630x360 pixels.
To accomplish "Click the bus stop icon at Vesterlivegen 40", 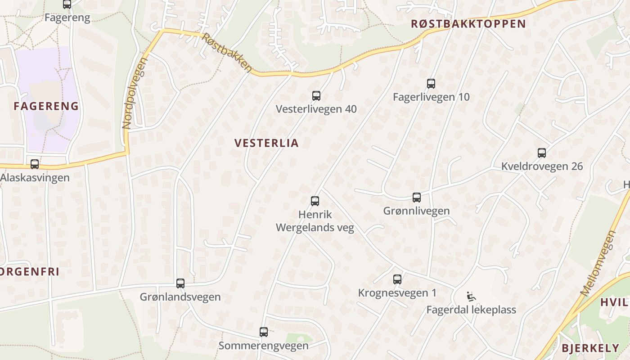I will (316, 95).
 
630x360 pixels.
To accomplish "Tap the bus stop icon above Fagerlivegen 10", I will (431, 83).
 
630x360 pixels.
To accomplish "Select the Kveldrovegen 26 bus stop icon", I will (542, 153).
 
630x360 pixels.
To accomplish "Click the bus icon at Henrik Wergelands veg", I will (315, 201).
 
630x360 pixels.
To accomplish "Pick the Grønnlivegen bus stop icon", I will (417, 197).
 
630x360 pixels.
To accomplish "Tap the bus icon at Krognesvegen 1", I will (397, 279).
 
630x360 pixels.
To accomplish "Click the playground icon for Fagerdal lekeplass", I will (471, 296).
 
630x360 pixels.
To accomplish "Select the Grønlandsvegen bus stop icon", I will (180, 283).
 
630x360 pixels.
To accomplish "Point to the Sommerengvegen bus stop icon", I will (264, 332).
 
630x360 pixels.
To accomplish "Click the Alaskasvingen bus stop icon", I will (35, 164).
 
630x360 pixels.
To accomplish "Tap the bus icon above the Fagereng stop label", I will (67, 4).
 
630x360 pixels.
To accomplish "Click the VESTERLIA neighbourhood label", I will (266, 143).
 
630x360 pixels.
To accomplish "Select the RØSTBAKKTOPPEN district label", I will (468, 24).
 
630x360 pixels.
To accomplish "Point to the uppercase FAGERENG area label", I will (46, 106).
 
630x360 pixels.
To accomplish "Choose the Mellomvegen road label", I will (598, 263).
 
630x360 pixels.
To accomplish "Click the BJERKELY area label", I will (590, 348).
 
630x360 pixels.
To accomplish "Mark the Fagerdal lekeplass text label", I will (471, 310).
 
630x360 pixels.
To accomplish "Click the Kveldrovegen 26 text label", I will (542, 166).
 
